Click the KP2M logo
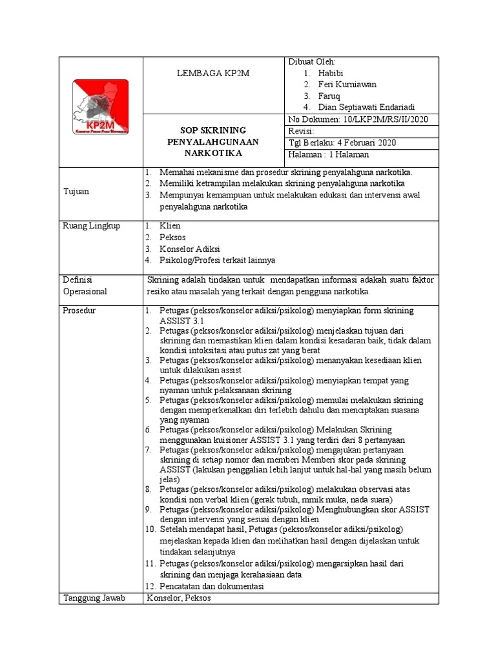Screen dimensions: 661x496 (x=99, y=107)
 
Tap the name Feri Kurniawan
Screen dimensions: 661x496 (x=347, y=84)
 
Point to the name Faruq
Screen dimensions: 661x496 (x=331, y=96)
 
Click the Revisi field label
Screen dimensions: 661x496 (x=302, y=131)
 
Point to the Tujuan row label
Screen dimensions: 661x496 (x=77, y=192)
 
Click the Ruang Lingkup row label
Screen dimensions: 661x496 (x=92, y=226)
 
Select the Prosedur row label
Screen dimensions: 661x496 (x=79, y=310)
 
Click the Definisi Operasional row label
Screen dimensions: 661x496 (x=85, y=285)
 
